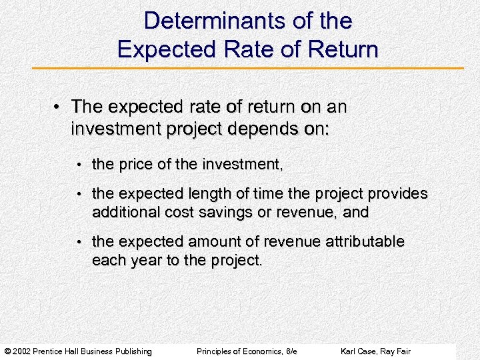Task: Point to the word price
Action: [137, 164]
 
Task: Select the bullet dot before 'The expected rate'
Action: [58, 107]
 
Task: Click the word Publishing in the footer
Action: [131, 351]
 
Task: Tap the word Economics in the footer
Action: [261, 351]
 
